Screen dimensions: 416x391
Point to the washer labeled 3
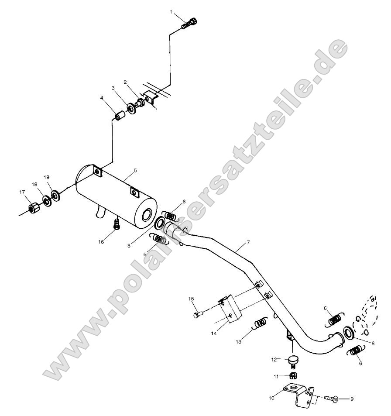pyautogui.click(x=130, y=108)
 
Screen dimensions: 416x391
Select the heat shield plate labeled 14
pyautogui.click(x=228, y=311)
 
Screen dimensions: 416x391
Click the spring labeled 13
pyautogui.click(x=261, y=323)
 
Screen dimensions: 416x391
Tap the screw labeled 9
pyautogui.click(x=331, y=398)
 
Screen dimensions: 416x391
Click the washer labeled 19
pyautogui.click(x=55, y=194)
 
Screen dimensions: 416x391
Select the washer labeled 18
pyautogui.click(x=46, y=200)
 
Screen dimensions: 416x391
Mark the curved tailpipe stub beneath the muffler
pyautogui.click(x=100, y=212)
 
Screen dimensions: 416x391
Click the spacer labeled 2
pyautogui.click(x=141, y=103)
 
